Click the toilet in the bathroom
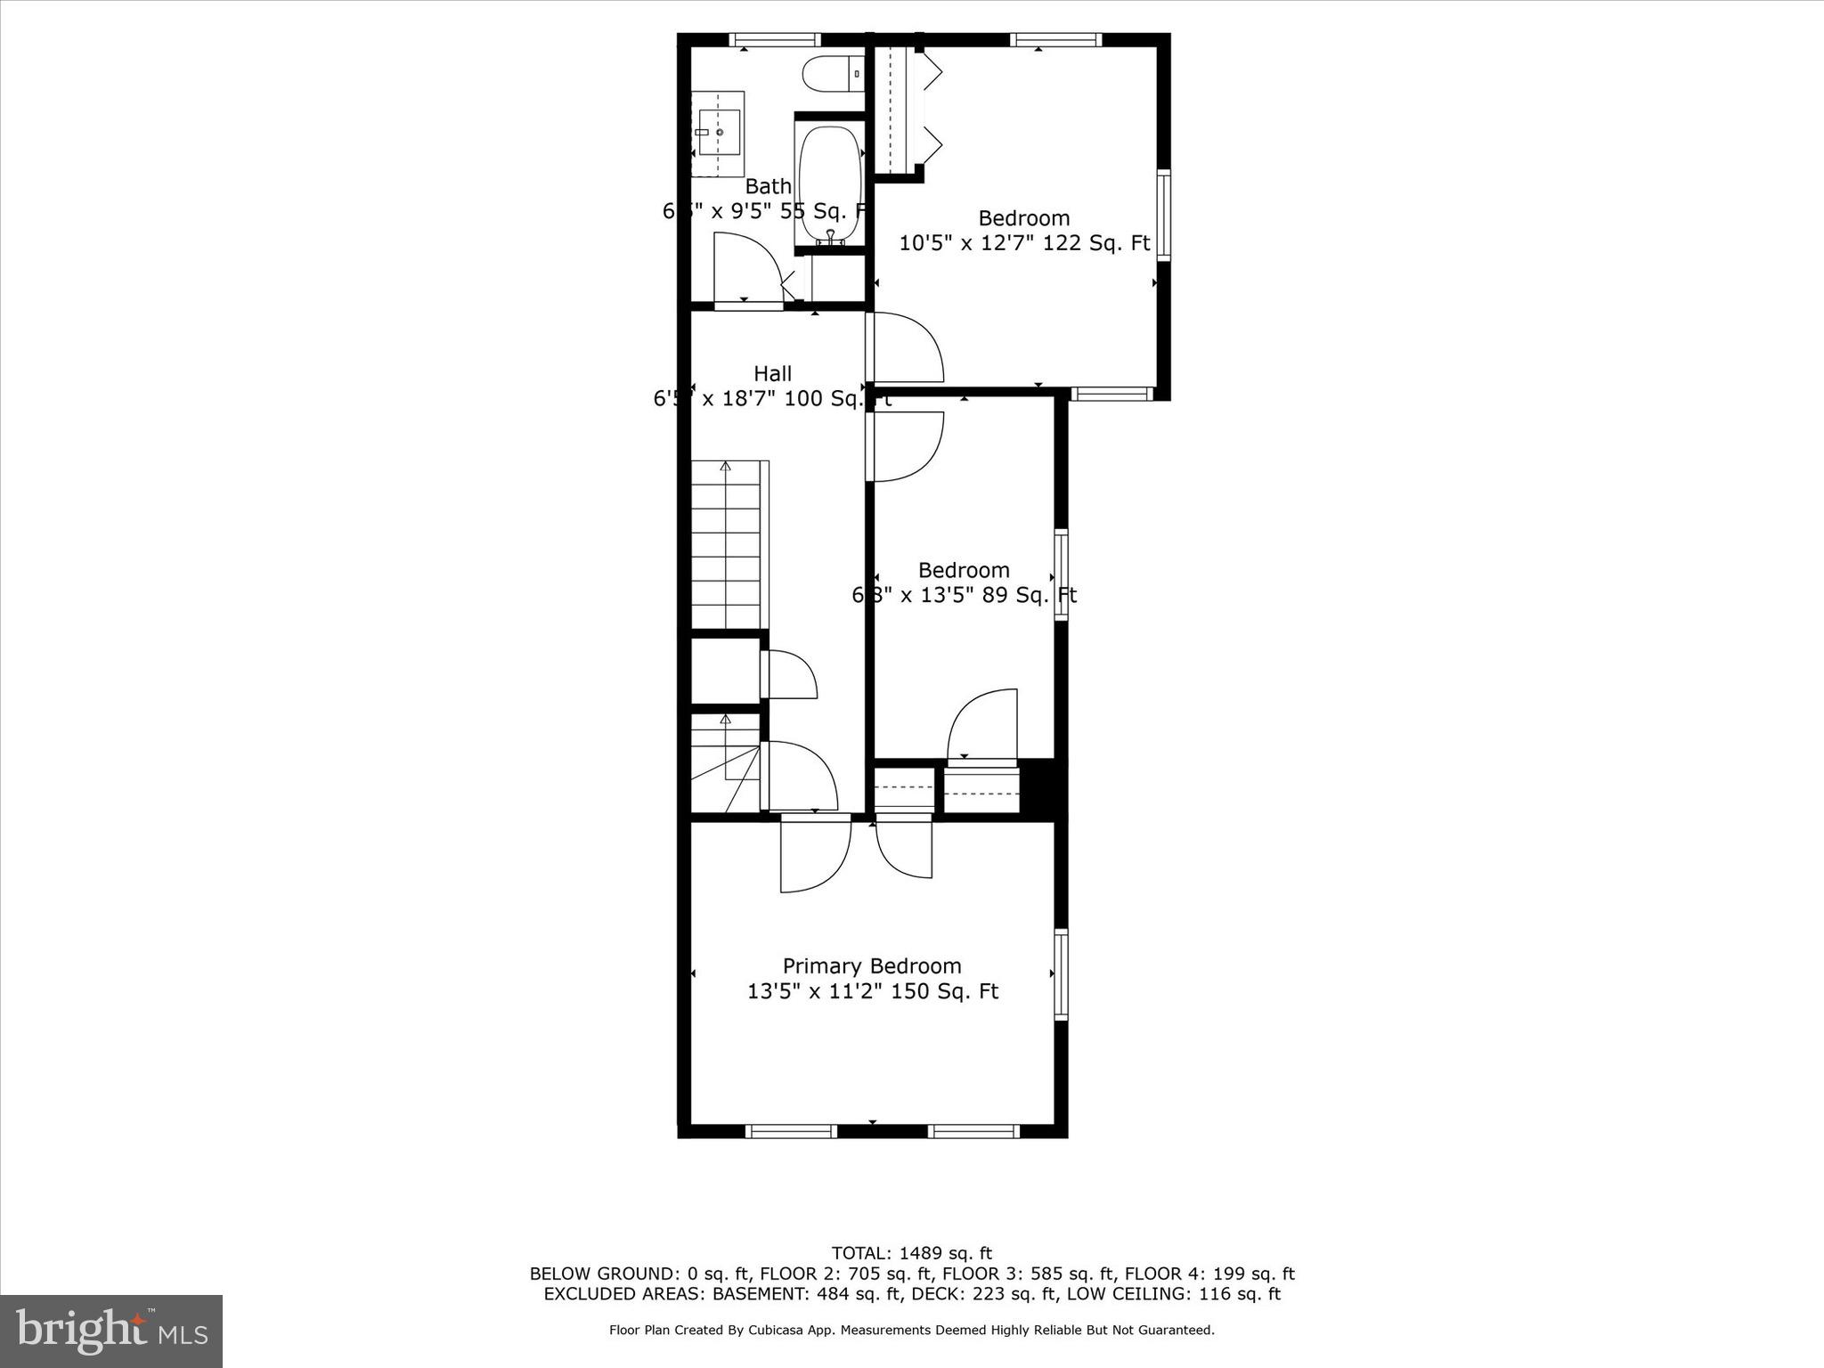coord(832,74)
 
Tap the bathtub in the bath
coord(830,184)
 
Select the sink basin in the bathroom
coord(718,133)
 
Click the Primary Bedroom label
coord(871,966)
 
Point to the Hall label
coord(772,374)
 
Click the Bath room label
coord(768,187)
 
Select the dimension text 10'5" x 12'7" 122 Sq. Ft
coord(1024,243)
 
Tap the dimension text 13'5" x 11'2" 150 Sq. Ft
coord(872,991)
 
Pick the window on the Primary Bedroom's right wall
coord(1061,974)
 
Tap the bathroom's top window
coord(774,39)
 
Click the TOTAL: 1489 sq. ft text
coord(911,1254)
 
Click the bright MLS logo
coord(111,1331)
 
